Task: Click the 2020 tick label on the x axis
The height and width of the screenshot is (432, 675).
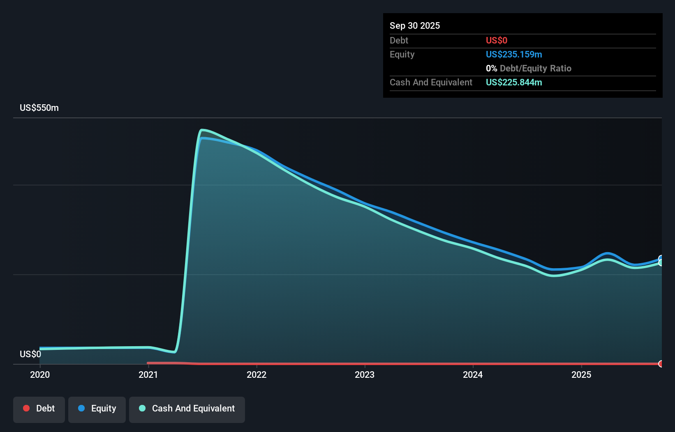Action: tap(40, 375)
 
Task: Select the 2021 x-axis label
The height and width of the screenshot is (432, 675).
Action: tap(148, 375)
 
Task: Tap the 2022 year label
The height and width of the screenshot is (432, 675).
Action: tap(257, 375)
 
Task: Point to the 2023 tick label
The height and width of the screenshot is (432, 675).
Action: tap(365, 375)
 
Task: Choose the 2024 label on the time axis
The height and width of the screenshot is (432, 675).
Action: tap(473, 375)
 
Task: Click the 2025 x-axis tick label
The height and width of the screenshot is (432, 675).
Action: tap(581, 375)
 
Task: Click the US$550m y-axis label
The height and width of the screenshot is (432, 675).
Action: tap(39, 108)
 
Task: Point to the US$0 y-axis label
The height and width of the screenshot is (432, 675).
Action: tap(30, 354)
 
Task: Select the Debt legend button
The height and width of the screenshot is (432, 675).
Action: tap(39, 409)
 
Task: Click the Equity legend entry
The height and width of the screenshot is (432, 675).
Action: tap(97, 409)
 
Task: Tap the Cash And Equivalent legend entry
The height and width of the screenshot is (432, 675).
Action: tap(187, 409)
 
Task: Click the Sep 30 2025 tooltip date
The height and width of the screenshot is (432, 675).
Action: tap(415, 26)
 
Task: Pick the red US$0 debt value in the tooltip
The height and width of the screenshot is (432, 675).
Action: tap(497, 40)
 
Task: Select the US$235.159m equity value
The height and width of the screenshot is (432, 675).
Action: tap(514, 54)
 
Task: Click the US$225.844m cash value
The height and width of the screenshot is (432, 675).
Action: tap(514, 82)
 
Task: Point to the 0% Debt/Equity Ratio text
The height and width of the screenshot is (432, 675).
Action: tap(529, 68)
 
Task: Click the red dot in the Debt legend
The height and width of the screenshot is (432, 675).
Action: tap(26, 408)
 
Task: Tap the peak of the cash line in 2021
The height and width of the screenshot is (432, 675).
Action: tap(202, 130)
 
